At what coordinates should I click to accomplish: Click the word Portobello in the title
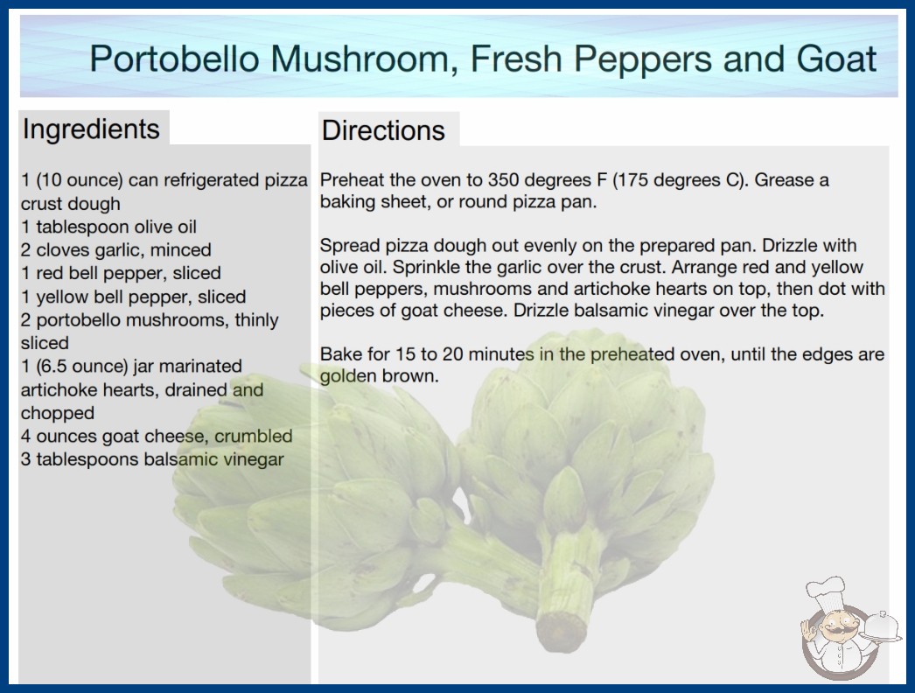pos(174,59)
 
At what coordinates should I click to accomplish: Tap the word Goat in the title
pos(836,59)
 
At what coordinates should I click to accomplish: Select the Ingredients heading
pos(91,129)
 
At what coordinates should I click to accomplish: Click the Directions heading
pos(383,130)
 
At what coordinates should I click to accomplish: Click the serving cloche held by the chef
pos(881,628)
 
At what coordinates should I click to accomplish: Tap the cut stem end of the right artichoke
pos(561,631)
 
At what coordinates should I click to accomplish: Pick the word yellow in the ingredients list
pos(62,297)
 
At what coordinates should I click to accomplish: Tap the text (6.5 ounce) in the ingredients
pos(82,367)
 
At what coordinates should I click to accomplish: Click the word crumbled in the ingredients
pos(254,436)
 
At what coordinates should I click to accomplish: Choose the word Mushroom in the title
pos(364,59)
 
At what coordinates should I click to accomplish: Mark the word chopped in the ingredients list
pos(57,413)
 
